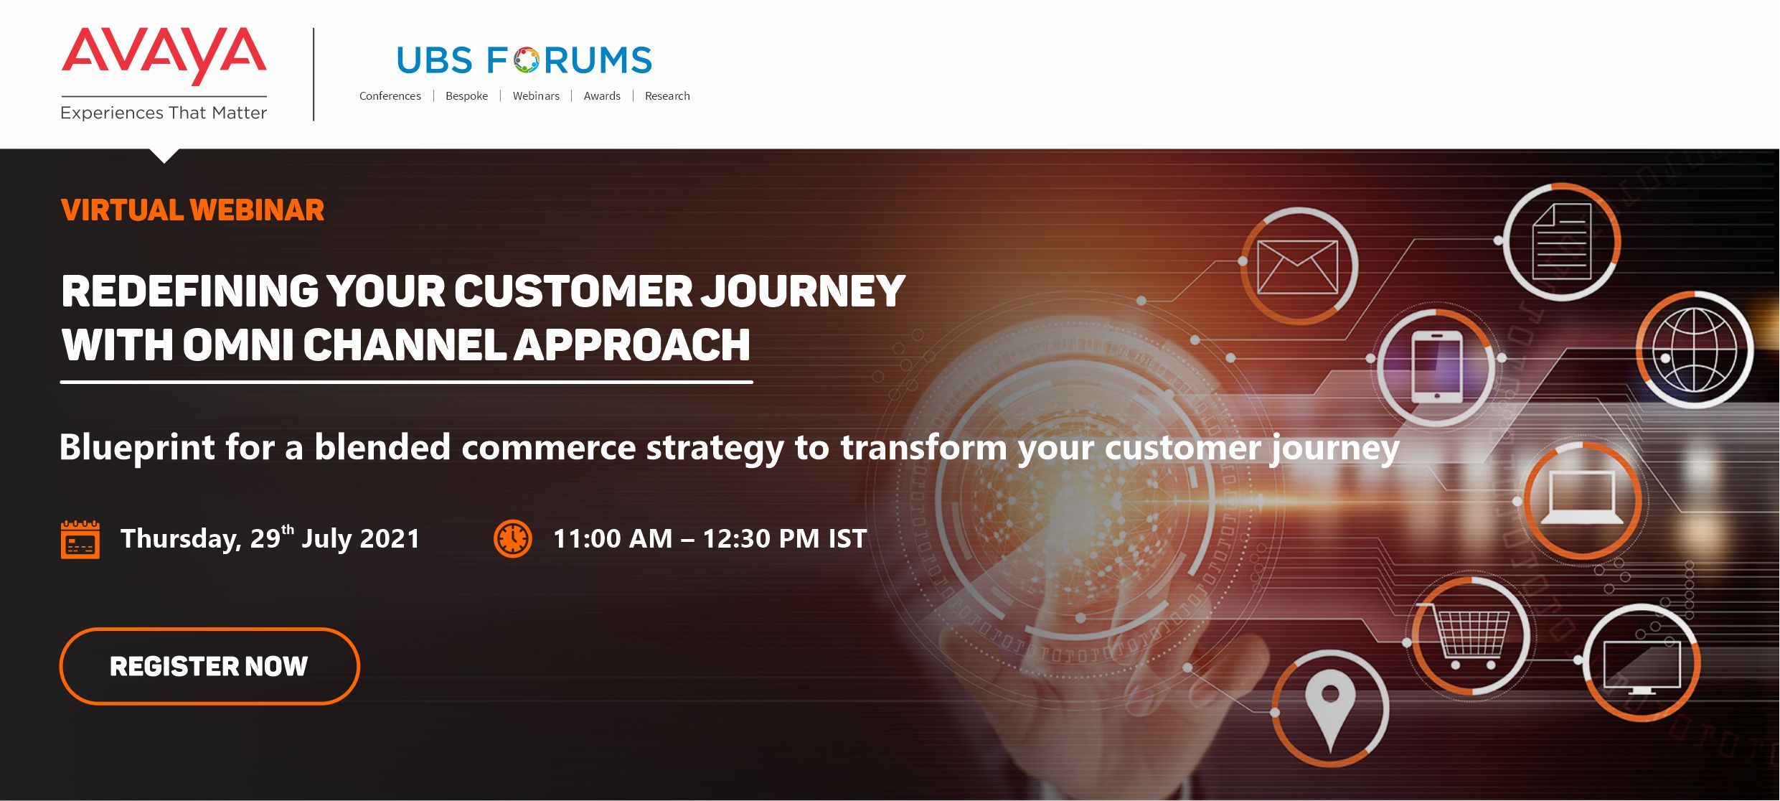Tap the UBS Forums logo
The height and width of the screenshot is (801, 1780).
pyautogui.click(x=524, y=60)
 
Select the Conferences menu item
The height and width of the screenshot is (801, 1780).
pyautogui.click(x=390, y=96)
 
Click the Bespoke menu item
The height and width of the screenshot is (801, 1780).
pyautogui.click(x=466, y=96)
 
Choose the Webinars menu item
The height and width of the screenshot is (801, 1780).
pyautogui.click(x=536, y=96)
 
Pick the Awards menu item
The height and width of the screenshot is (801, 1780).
pyautogui.click(x=602, y=96)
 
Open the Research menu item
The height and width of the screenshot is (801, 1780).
pyautogui.click(x=667, y=96)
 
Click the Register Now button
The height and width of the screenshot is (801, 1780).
pyautogui.click(x=209, y=666)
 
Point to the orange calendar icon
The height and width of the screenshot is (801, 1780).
pyautogui.click(x=80, y=540)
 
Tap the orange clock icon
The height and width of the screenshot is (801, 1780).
pyautogui.click(x=513, y=539)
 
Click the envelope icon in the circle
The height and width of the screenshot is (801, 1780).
pyautogui.click(x=1297, y=267)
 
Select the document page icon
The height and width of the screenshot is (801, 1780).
pyautogui.click(x=1562, y=241)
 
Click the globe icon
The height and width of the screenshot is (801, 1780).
pyautogui.click(x=1695, y=350)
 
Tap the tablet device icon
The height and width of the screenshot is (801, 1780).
pyautogui.click(x=1437, y=367)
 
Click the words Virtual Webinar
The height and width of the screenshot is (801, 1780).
pyautogui.click(x=192, y=210)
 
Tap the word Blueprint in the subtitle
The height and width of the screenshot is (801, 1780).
pyautogui.click(x=137, y=448)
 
